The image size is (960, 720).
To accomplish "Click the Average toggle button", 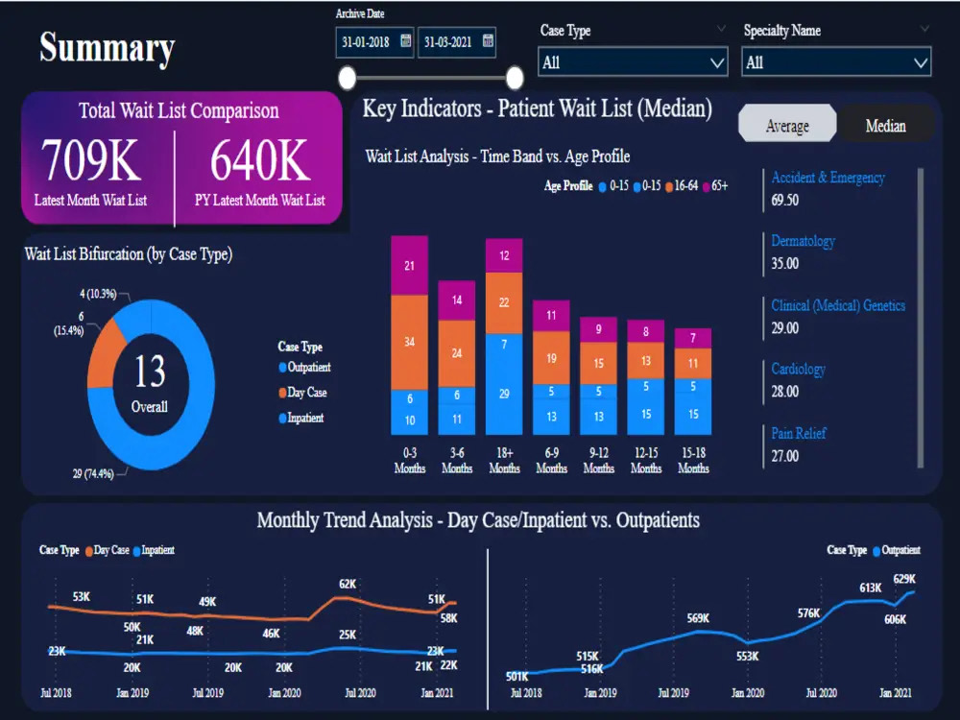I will [x=786, y=126].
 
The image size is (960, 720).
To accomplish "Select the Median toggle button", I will [x=885, y=126].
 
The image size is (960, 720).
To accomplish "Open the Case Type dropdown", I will [x=634, y=62].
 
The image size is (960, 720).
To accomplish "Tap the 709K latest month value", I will [x=91, y=160].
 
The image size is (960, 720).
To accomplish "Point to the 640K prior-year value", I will [x=260, y=160].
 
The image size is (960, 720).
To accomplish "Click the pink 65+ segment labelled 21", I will [x=409, y=265].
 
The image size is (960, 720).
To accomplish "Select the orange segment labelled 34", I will [x=409, y=342].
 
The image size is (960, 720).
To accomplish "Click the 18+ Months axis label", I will [x=504, y=460].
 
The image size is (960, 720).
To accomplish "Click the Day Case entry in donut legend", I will [x=306, y=393].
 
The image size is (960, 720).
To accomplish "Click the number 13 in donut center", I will [x=150, y=372].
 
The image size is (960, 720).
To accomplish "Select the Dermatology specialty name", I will [x=803, y=241].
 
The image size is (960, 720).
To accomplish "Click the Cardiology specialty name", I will [x=798, y=369].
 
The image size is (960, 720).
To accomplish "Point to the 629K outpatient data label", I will [x=903, y=579].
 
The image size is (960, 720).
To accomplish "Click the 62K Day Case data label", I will [x=347, y=584].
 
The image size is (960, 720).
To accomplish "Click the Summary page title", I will [x=107, y=47].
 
